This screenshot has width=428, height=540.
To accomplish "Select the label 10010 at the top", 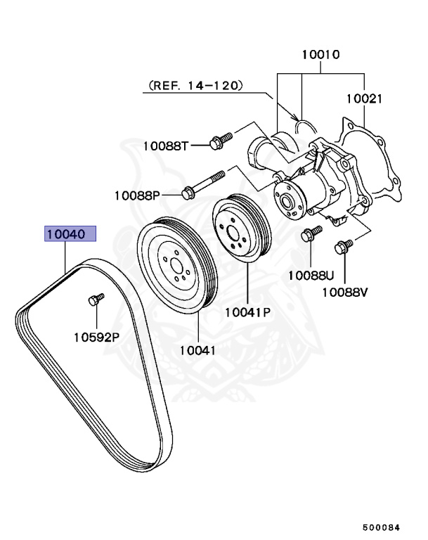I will (321, 54).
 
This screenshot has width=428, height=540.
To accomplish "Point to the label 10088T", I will (166, 146).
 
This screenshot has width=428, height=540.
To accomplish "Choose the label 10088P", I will (138, 194).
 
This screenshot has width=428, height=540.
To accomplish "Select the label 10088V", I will (345, 291).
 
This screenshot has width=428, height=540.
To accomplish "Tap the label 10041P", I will (248, 311).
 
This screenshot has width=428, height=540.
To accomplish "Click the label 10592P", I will (96, 336).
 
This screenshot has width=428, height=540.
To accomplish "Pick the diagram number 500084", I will (383, 527).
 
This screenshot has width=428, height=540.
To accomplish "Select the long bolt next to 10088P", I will (204, 181).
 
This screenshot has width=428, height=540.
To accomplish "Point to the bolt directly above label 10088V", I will (344, 247).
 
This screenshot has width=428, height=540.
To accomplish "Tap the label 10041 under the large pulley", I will (197, 349).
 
